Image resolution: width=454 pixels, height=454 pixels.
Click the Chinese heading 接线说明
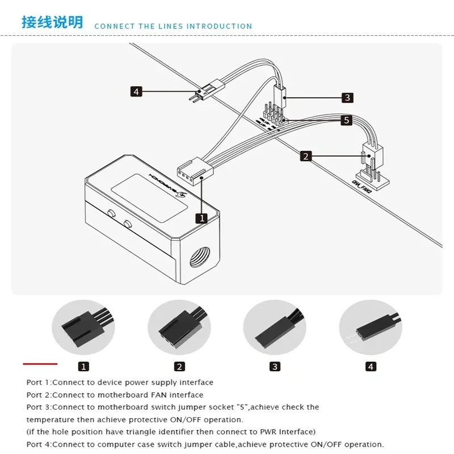point(52,22)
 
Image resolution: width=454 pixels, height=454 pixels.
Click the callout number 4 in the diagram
point(136,91)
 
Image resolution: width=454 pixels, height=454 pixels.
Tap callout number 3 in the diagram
point(347,98)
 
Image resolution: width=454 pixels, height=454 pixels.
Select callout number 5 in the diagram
point(346,120)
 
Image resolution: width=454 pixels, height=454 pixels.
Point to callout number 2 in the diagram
point(306,156)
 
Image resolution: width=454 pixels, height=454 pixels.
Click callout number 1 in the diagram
point(201,217)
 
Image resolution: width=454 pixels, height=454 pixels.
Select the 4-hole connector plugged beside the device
point(191,170)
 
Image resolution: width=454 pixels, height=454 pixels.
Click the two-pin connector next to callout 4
point(205,91)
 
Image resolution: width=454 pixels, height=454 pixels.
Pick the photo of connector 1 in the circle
point(83,327)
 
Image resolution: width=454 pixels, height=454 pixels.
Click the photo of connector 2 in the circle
point(179,327)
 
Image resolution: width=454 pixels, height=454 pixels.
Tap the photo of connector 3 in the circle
point(275,327)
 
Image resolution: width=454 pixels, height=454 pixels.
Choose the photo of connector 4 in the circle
point(370,327)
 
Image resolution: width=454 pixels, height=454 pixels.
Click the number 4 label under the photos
point(371,367)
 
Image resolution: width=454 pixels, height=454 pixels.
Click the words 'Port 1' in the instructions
point(39,382)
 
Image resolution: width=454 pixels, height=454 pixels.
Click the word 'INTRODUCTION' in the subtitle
point(220,26)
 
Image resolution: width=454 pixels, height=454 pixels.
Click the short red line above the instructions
point(40,363)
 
